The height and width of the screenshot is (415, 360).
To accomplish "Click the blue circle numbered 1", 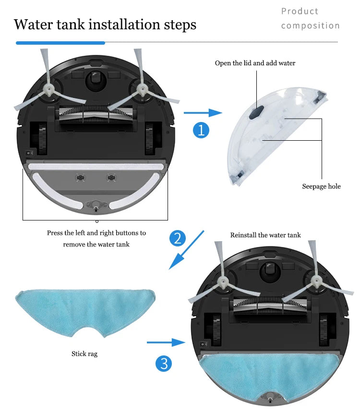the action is coord(201,130).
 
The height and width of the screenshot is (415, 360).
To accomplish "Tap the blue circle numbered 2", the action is coord(178,238).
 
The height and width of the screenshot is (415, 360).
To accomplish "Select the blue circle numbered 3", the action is coord(164,364).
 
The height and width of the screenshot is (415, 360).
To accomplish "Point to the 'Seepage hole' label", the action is coord(321,186).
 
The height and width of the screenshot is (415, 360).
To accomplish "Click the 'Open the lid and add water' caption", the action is coord(255,63).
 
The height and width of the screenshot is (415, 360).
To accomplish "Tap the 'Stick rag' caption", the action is coord(84,354).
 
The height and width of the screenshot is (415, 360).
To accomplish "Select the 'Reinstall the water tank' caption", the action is coord(265,235).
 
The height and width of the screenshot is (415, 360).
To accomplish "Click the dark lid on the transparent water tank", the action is coord(256,112).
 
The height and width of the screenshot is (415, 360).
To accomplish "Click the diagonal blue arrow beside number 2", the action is coord(187,250).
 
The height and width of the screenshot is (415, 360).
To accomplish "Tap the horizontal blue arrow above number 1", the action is coord(203,113).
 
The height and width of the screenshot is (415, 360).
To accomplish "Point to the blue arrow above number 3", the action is coord(166,342).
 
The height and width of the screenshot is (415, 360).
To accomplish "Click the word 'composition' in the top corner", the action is coord(310,25).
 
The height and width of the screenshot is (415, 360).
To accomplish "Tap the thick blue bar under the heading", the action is coord(60,43).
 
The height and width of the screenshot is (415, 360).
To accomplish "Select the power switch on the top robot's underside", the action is coord(29,153).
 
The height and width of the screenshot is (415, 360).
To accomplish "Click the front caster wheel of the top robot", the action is coord(96,79).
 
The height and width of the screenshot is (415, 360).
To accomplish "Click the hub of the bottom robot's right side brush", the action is coord(316,281).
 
